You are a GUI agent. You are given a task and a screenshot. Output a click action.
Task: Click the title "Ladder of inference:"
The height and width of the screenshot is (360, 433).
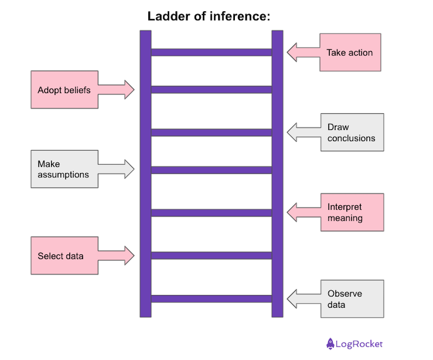coord(209,17)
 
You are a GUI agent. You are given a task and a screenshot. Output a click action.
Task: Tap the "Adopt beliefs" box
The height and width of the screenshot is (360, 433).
coord(64,90)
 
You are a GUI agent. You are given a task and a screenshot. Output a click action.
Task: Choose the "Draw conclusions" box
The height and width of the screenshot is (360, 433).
coord(352,132)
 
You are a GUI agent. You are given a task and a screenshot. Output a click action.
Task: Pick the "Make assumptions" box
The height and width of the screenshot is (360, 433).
coord(64,169)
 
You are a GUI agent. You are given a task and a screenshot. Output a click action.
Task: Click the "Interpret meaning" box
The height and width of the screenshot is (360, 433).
coord(352,212)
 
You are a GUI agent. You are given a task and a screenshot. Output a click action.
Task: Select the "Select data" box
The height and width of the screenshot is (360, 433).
coord(64,256)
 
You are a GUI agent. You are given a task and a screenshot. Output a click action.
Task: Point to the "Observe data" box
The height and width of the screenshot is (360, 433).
coord(352,299)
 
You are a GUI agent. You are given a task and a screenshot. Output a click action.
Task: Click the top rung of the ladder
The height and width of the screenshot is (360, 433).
coord(211,52)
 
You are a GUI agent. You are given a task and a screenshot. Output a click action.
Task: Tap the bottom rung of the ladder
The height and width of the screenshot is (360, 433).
coord(211,298)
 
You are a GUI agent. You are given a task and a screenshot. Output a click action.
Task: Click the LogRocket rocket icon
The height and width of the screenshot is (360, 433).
coord(331,343)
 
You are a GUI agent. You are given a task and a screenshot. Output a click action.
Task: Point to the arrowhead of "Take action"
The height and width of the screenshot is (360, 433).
coord(292,53)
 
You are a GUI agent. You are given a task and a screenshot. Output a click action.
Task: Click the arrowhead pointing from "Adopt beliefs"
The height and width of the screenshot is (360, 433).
coord(129,90)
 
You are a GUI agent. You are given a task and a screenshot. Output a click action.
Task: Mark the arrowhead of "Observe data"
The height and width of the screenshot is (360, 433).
coord(292,299)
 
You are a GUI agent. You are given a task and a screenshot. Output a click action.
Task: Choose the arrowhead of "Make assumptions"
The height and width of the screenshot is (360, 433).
coord(129,169)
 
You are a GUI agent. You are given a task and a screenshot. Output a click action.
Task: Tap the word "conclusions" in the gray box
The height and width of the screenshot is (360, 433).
coord(351,138)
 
